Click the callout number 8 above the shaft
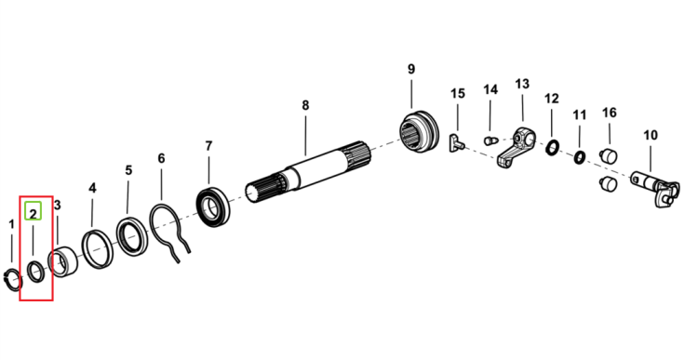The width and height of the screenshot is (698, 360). coord(305,105)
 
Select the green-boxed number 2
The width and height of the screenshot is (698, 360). coord(33,214)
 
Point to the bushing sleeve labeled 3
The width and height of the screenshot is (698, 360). coord(62,263)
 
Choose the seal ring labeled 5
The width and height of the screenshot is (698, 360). coord(131,236)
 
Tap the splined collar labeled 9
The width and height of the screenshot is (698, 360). coord(419,131)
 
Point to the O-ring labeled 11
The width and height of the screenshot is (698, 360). coord(580,157)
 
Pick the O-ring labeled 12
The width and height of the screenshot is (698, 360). coord(553,147)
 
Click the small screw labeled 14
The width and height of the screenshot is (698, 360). coord(490,140)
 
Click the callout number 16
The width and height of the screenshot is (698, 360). coord(610,113)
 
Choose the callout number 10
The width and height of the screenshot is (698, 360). coord(651,135)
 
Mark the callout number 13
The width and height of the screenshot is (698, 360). coord(522,84)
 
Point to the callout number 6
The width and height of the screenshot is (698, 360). coord(161,158)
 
